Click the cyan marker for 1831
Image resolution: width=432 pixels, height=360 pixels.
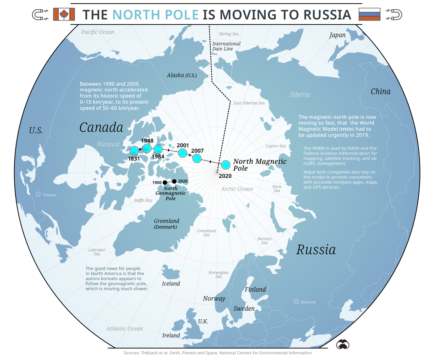pos(134,150)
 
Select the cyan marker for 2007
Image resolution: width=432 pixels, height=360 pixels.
pos(197,158)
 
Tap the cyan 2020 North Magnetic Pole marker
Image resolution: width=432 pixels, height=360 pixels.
pos(225,165)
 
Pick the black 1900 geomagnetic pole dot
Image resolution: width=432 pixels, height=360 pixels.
pos(165,183)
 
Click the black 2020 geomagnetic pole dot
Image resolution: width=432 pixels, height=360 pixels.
pos(175,181)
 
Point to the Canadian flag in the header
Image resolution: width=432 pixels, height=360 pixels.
pos(64,14)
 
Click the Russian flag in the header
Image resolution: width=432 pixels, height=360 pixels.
pos(369,14)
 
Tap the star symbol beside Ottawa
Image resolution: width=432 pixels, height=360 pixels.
pos(38,194)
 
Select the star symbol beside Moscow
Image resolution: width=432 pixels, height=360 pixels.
pos(296,301)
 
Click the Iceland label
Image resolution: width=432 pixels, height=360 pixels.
pos(171,284)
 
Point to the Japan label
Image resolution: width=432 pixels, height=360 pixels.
pos(337,35)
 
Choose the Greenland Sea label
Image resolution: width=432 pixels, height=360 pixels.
pos(207,233)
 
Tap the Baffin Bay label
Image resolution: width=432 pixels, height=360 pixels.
pos(143,200)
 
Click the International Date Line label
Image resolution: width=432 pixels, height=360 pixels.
pos(226,46)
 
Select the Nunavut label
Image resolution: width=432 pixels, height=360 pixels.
pos(108,144)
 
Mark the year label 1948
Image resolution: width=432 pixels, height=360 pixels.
pos(147,141)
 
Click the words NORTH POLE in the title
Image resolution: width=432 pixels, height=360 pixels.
pos(156,15)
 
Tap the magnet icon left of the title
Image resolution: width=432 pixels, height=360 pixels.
pos(40,14)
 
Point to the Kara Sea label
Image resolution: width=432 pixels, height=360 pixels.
pos(276,188)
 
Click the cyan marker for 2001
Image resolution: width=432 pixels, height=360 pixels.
pos(183,153)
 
